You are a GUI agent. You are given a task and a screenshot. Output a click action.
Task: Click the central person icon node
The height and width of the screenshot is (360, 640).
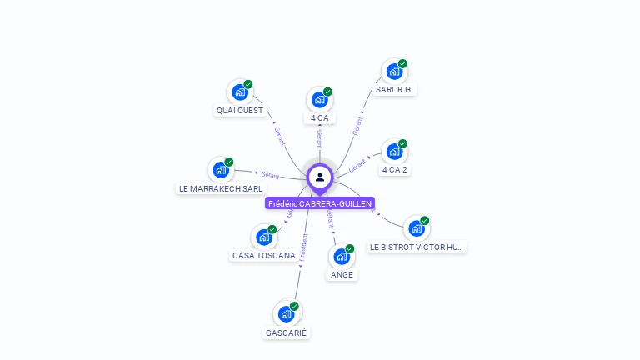pos(320,177)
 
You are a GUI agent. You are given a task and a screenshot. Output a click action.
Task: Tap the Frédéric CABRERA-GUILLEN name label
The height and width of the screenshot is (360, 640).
pos(320,203)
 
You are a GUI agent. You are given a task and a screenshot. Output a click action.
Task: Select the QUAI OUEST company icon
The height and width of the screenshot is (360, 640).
pos(240,92)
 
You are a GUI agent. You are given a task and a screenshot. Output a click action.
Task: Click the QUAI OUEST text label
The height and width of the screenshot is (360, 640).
pos(240,111)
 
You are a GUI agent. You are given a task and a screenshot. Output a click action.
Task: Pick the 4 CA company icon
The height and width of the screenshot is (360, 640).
pos(319,100)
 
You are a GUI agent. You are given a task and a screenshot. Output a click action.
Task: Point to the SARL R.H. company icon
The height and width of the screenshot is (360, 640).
pos(394,72)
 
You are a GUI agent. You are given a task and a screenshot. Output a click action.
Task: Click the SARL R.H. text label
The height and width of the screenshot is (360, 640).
pos(394,90)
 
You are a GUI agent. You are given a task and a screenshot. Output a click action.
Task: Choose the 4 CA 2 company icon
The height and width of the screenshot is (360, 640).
pos(394,152)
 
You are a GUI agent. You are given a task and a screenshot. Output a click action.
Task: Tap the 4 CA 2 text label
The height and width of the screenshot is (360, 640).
pos(395,170)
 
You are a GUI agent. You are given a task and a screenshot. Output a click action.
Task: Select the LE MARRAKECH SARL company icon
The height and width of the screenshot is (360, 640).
pos(221,170)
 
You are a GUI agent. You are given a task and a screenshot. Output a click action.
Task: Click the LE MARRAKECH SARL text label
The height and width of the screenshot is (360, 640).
pos(221,189)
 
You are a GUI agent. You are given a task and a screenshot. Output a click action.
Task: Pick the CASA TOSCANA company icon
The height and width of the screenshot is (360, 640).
pos(264,237)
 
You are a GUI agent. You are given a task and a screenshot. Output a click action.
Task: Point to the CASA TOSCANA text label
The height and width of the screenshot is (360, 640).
pos(263,256)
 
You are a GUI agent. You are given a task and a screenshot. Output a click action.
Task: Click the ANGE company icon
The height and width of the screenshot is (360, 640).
pos(342,257)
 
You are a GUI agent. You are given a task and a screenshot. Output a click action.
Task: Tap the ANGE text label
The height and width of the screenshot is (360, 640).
pos(342,275)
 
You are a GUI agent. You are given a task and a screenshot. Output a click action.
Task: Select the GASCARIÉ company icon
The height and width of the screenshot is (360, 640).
pos(287,314)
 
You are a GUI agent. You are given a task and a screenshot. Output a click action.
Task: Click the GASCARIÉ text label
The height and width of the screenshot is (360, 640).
pos(287,333)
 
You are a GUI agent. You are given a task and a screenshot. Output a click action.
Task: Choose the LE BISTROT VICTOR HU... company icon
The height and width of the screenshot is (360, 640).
pos(417,228)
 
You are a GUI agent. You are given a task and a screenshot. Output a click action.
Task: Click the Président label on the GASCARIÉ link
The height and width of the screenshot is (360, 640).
pos(303,249)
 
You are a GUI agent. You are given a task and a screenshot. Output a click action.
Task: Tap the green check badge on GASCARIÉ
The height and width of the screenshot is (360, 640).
pos(294,306)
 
